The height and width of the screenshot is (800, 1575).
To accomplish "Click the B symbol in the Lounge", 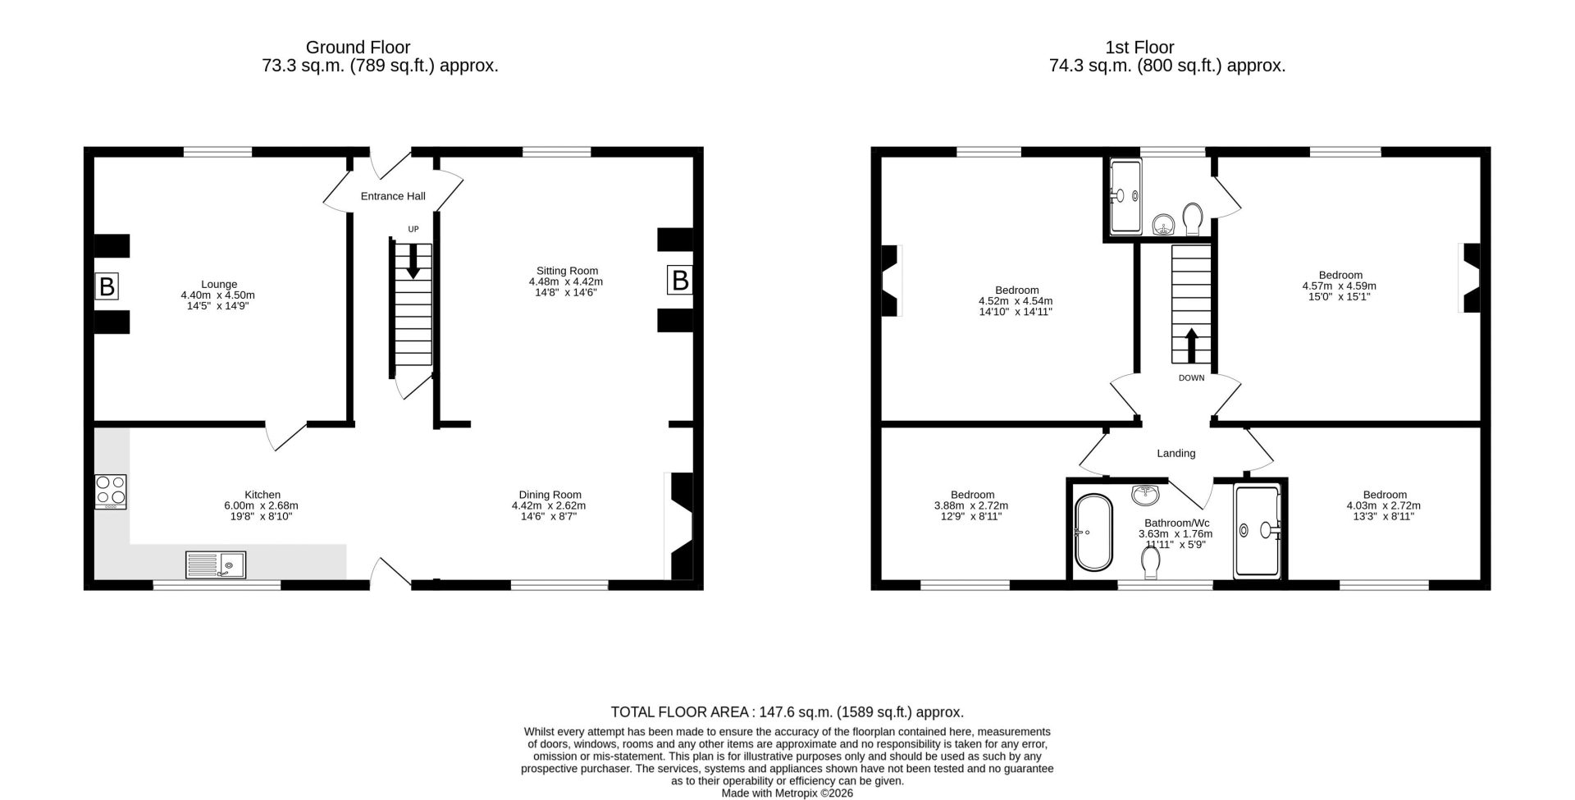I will click(x=107, y=286).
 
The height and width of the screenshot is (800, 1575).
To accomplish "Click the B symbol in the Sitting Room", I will click(x=680, y=280).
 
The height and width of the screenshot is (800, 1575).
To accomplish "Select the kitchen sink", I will click(x=216, y=565).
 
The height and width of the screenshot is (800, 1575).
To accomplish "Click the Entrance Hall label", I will click(x=393, y=196).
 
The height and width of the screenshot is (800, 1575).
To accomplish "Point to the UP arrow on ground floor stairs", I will click(x=413, y=261).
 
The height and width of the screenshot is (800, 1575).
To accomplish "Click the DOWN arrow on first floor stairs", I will click(x=1191, y=345).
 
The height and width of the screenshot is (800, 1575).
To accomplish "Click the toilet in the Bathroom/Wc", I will click(x=1151, y=562).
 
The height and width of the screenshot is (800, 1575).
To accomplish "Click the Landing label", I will click(x=1176, y=453).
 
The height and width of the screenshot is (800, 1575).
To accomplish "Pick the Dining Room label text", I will click(x=550, y=495).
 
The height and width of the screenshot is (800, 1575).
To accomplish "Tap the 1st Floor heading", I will click(x=1139, y=48).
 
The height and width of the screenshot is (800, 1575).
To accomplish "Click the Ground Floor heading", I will click(x=358, y=48).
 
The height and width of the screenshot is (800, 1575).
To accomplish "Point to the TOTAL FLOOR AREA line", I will click(x=787, y=712).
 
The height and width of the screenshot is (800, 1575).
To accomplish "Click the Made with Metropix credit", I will click(x=787, y=793).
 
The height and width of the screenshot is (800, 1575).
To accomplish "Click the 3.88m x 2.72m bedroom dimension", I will click(x=971, y=505).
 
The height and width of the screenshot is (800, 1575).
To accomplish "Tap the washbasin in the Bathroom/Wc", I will click(x=1144, y=494).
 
